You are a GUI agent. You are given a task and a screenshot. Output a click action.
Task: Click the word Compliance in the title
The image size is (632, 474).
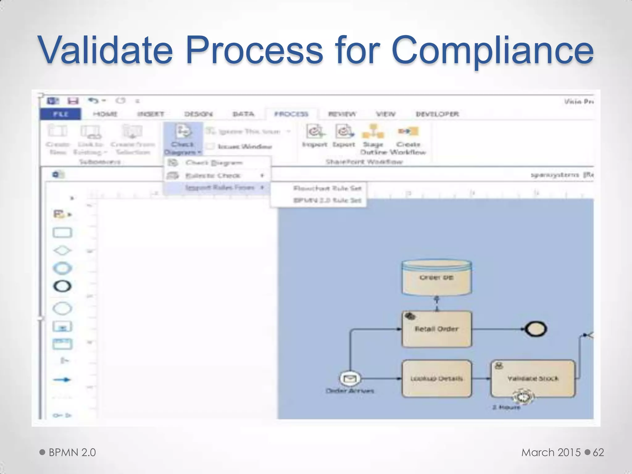tap(492, 50)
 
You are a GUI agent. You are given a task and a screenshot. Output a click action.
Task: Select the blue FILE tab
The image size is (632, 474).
tap(61, 114)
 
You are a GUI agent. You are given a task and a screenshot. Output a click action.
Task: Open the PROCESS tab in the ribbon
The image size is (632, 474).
tap(291, 114)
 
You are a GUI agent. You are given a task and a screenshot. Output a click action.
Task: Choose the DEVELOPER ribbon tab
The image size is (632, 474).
tap(437, 114)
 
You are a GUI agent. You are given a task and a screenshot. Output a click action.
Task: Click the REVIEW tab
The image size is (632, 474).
tap(342, 114)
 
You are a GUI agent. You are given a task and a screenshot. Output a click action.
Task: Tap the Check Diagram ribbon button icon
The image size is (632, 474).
tap(183, 132)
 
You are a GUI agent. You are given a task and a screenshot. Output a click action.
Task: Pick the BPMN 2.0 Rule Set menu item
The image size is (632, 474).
tap(327, 200)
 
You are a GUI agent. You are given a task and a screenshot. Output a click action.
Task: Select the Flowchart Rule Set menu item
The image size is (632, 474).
tap(327, 188)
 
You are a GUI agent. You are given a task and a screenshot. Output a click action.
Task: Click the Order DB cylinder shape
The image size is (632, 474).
tap(436, 277)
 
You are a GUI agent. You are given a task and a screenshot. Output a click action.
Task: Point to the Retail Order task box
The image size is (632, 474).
tap(436, 329)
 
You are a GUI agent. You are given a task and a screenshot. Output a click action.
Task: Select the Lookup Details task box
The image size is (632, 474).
tap(436, 378)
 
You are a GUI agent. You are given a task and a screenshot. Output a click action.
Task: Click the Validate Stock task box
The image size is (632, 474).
tap(533, 378)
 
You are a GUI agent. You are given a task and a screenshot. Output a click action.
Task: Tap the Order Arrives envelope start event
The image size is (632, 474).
tap(350, 378)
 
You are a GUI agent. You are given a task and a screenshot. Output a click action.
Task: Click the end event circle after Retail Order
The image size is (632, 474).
tap(536, 329)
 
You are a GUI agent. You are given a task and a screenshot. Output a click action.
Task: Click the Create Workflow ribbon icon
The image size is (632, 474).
tap(408, 132)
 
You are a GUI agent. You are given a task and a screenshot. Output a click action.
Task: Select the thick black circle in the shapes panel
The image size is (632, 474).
tap(62, 286)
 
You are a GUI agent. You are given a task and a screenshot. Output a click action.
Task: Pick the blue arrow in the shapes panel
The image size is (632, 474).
tap(62, 380)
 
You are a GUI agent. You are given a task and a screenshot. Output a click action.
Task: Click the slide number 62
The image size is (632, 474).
tap(598, 452)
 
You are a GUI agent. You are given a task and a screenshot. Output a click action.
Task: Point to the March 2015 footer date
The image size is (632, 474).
tap(551, 452)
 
